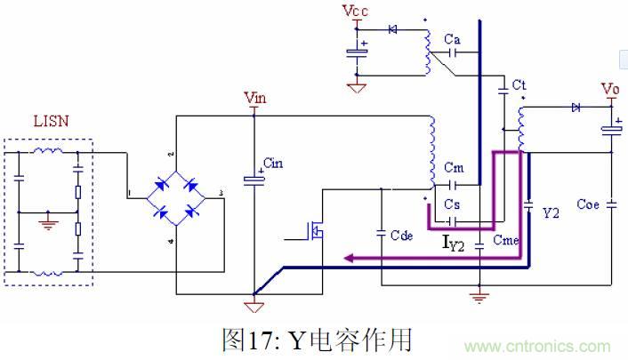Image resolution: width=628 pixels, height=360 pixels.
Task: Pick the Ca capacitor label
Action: coord(452,39)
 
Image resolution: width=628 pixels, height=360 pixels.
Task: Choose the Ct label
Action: coord(519,84)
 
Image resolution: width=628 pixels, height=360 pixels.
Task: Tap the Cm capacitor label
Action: coord(454,169)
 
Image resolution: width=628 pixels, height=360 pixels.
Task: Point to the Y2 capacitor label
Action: coord(552,213)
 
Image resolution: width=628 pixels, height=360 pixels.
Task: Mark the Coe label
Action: coord(589,204)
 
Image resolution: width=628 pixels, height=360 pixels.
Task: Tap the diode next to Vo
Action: coord(575,108)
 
